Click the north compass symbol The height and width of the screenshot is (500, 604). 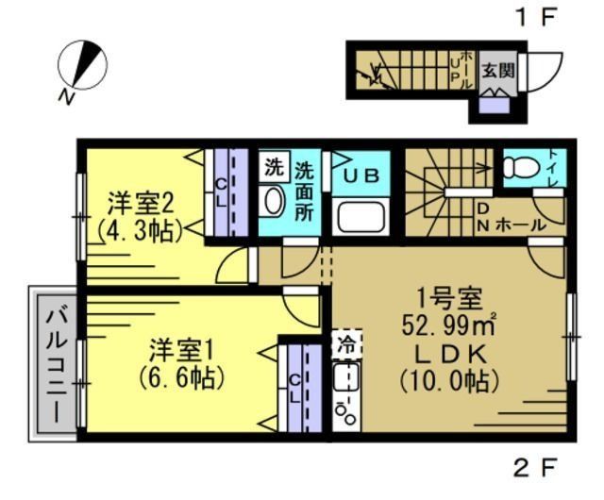coord(82,66)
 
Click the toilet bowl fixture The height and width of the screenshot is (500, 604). coord(519,168)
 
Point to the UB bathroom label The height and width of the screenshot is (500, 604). coord(361,175)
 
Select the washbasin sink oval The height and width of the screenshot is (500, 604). coord(274,202)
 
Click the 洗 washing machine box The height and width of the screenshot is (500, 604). coord(273,169)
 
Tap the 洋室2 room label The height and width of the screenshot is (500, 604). coord(140,204)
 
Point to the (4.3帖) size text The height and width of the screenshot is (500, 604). coord(140,230)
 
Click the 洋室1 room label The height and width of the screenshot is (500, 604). coord(184,350)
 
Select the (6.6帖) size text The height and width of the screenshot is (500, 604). coord(184,378)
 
